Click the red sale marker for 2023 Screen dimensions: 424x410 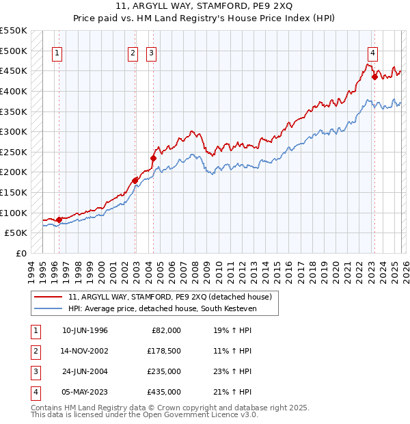point(374,77)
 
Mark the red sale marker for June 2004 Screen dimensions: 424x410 point(153,158)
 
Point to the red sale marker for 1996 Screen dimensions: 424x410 point(59,220)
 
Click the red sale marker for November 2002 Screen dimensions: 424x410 point(135,181)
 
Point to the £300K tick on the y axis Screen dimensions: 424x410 point(14,131)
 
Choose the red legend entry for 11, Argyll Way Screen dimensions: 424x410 point(170,297)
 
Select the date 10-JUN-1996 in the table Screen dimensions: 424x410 point(85,330)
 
